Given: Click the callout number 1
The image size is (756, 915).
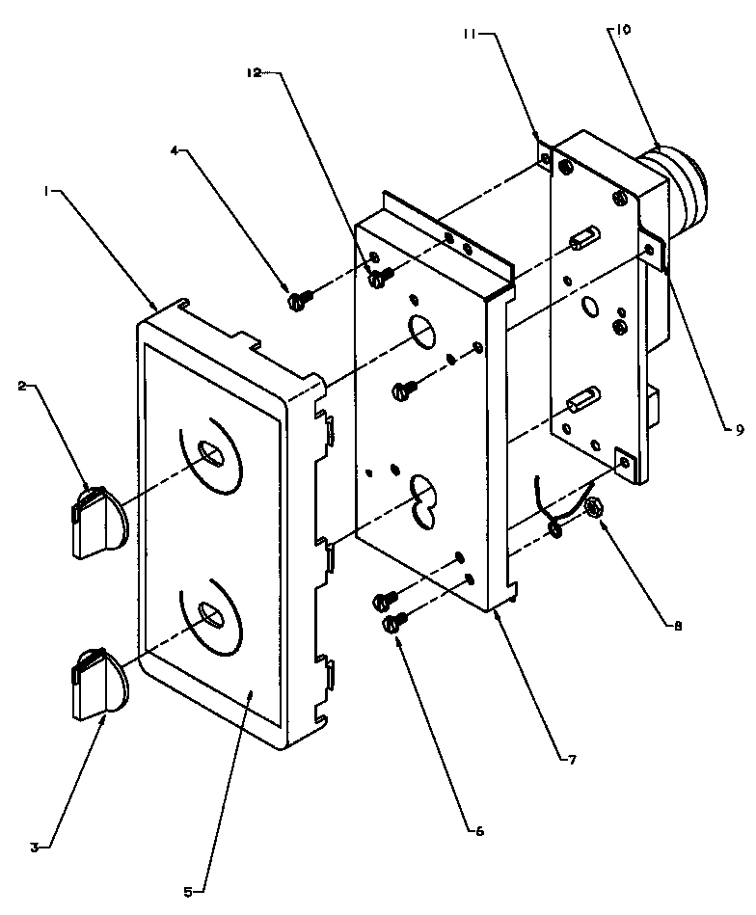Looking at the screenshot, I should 46,191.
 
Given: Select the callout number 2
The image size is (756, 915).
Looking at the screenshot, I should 20,387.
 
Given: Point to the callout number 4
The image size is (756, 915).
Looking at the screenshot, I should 174,150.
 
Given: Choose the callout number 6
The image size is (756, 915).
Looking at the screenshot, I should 478,828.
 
